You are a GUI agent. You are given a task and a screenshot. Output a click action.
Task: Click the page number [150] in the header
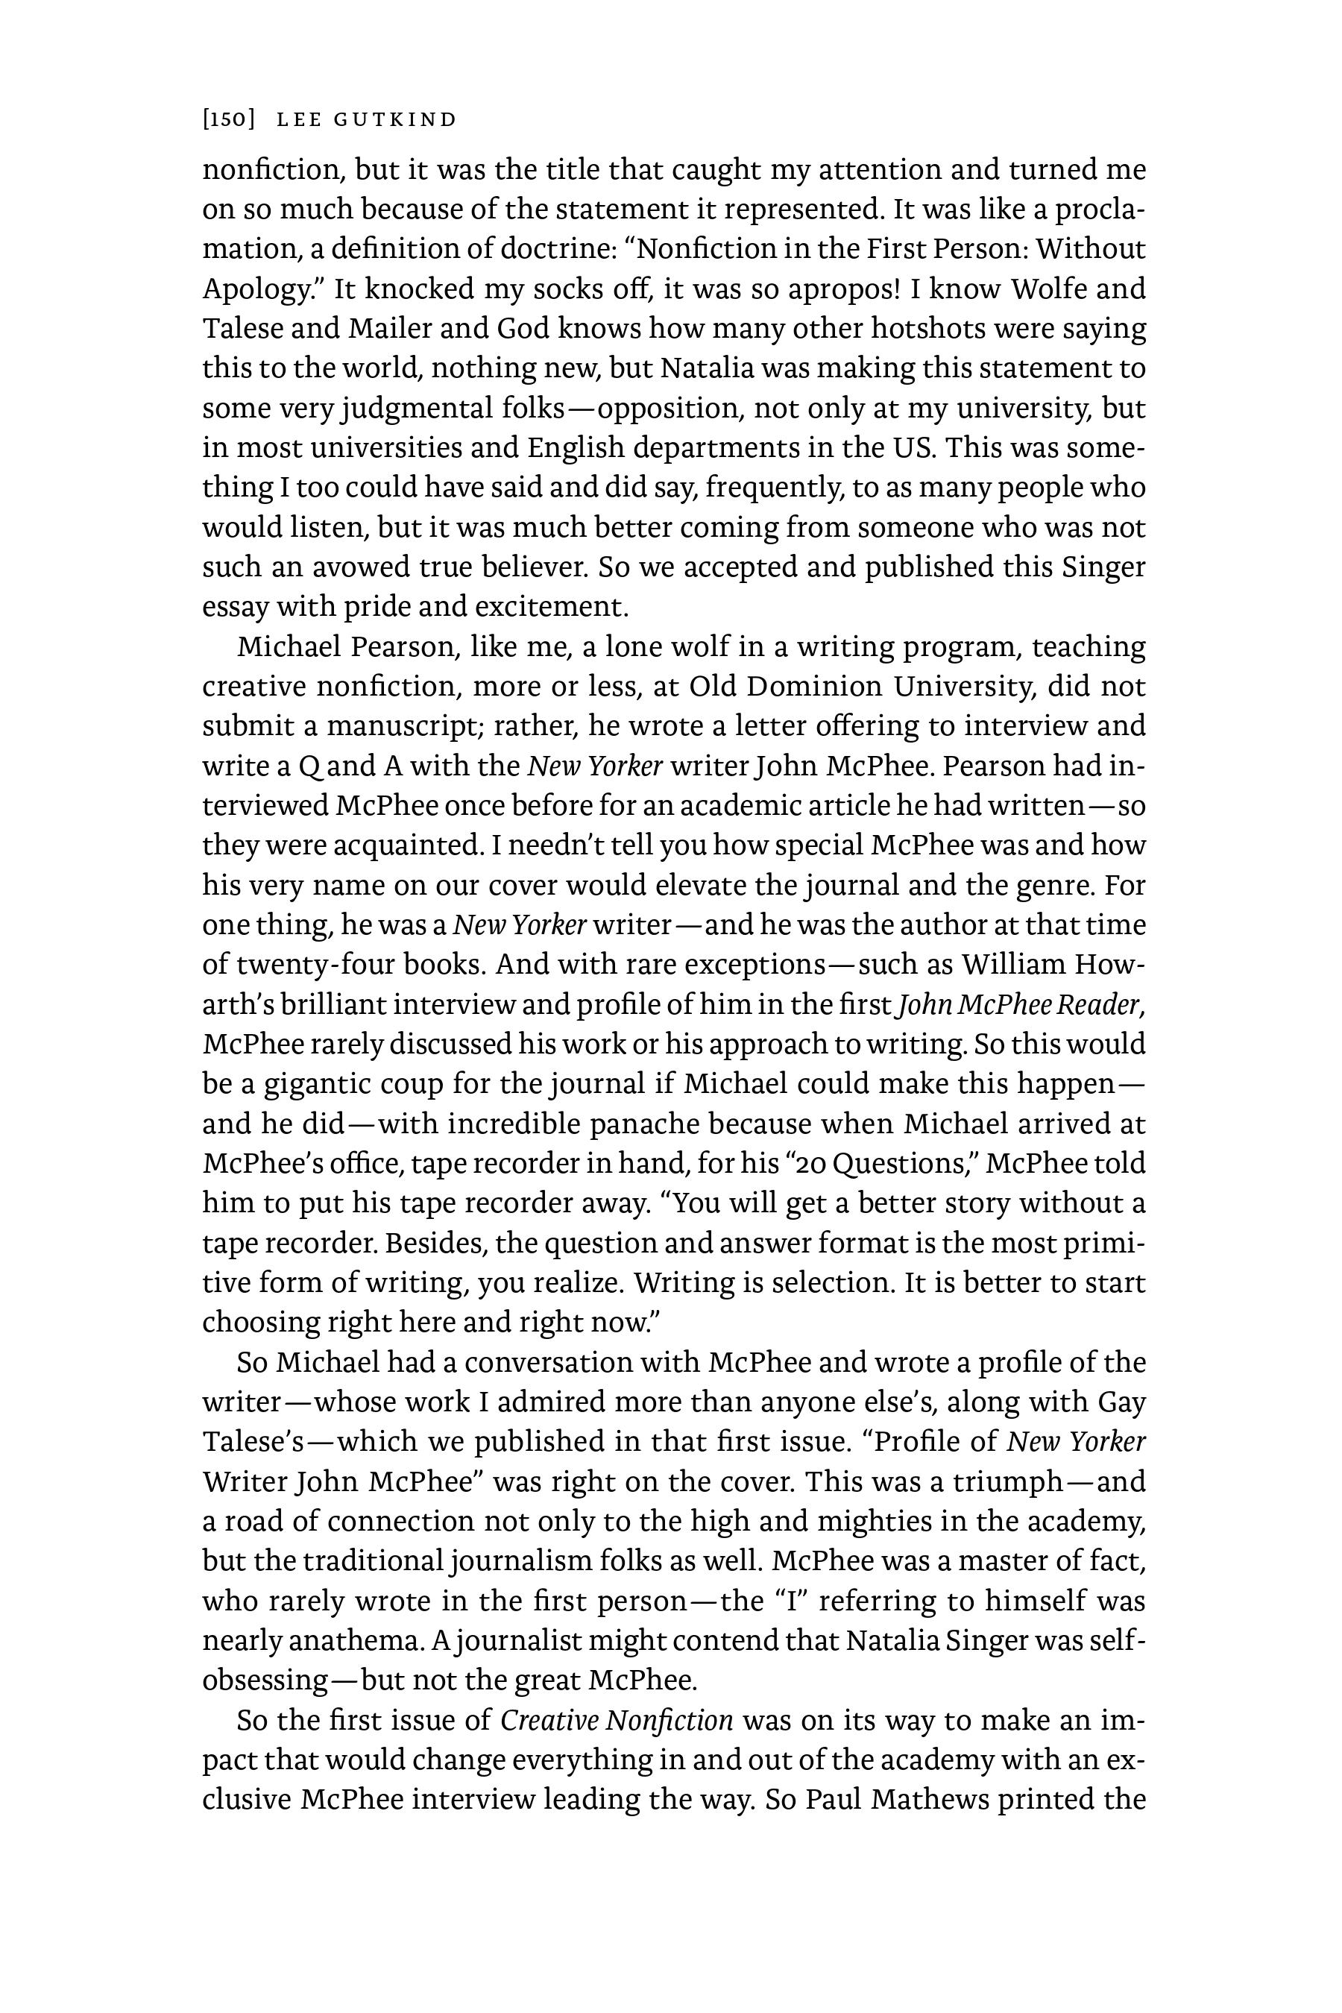click(229, 120)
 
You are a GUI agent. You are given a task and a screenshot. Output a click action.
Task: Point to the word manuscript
click(401, 725)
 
